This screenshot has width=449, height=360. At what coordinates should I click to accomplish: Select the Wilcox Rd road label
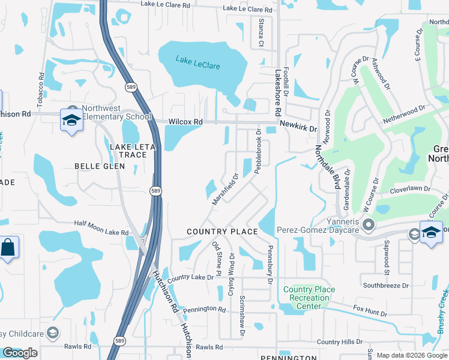185,122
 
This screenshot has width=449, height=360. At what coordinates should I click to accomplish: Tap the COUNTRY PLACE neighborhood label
222,232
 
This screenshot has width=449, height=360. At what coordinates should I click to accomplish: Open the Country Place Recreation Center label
309,298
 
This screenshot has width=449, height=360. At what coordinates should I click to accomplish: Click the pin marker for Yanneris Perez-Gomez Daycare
369,226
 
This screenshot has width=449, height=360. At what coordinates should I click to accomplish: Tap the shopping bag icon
8,247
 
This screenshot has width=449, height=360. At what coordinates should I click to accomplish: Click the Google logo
20,353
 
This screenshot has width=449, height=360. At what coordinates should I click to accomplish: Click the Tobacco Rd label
41,90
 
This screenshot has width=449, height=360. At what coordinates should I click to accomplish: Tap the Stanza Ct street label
261,32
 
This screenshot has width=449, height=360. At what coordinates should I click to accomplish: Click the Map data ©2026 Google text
412,355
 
